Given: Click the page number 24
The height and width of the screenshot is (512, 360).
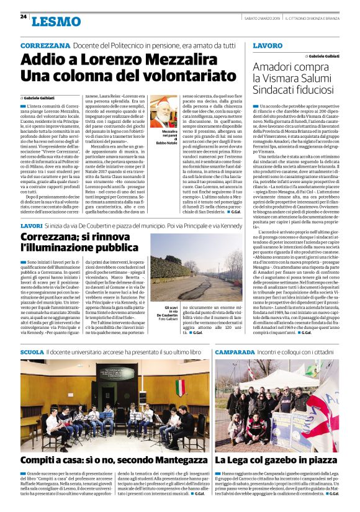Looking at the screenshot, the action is [x=23, y=16].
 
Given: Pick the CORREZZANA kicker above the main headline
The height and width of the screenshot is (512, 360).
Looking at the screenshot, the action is [x=46, y=46].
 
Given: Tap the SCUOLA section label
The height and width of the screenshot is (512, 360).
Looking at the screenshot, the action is [x=32, y=352].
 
